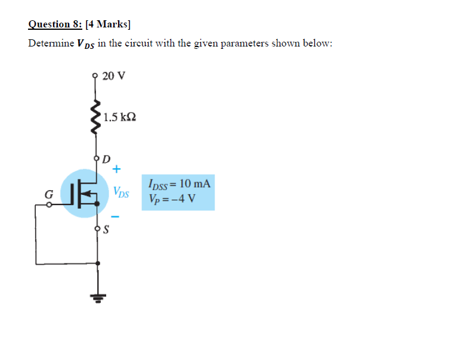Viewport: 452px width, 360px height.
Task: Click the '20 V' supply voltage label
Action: pyautogui.click(x=114, y=76)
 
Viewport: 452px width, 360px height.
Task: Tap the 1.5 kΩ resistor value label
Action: pyautogui.click(x=119, y=117)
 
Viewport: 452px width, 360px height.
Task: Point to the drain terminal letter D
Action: pyautogui.click(x=106, y=159)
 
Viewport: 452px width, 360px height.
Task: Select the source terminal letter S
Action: pyautogui.click(x=106, y=229)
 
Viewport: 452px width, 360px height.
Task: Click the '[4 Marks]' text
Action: pyautogui.click(x=108, y=24)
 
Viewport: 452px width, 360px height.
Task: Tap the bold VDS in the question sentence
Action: pyautogui.click(x=86, y=44)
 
